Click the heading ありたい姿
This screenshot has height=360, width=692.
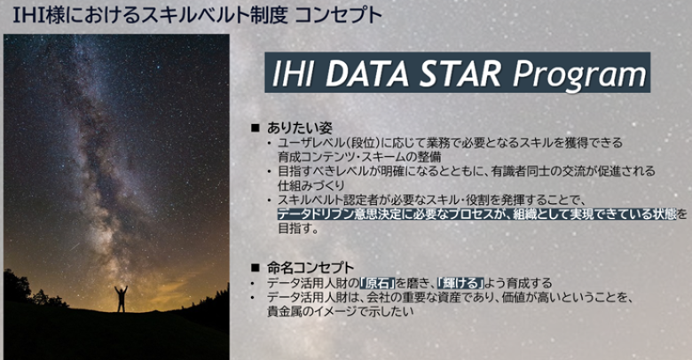[x=299, y=128]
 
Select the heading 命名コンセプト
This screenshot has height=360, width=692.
[x=310, y=268]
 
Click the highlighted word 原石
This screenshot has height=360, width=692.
[x=377, y=283]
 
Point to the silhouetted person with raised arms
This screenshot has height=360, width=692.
[x=121, y=299]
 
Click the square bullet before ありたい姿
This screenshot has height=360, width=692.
[x=255, y=128]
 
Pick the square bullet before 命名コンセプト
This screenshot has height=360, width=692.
[x=255, y=268]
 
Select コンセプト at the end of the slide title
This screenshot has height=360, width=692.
[x=338, y=15]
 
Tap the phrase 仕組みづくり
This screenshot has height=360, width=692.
[x=311, y=184]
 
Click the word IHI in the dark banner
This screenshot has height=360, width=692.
[x=292, y=73]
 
